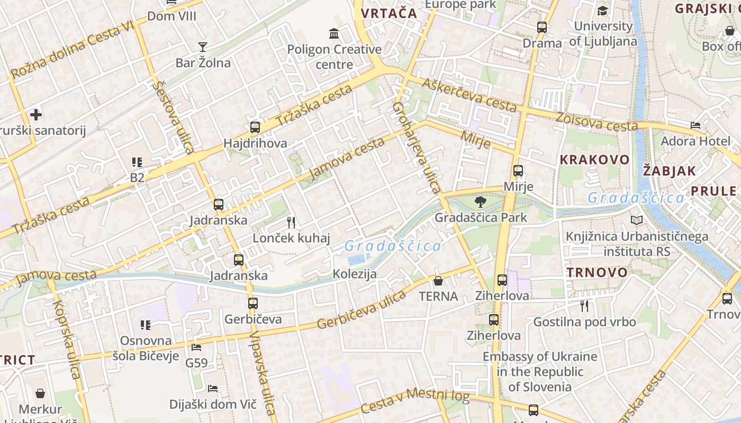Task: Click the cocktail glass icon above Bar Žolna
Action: point(202,47)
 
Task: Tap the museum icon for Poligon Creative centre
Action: point(334,34)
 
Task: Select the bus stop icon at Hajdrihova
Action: point(255,127)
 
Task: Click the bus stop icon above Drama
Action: point(542,27)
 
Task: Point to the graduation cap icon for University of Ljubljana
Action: point(603,11)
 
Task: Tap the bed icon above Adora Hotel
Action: point(695,125)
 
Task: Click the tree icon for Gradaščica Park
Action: point(481,201)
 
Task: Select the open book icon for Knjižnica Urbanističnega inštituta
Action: point(637,220)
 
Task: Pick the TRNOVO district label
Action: point(597,273)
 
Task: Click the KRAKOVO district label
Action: point(595,160)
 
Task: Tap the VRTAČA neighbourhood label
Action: point(389,14)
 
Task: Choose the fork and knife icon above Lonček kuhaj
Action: point(291,222)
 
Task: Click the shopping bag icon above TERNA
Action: point(438,280)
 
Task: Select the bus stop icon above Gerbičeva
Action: point(253,304)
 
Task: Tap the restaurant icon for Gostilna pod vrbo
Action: point(584,306)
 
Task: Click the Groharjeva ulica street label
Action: point(417,148)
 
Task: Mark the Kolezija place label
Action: point(355,274)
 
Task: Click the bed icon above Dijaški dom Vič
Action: point(213,389)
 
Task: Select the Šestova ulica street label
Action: point(173,117)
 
